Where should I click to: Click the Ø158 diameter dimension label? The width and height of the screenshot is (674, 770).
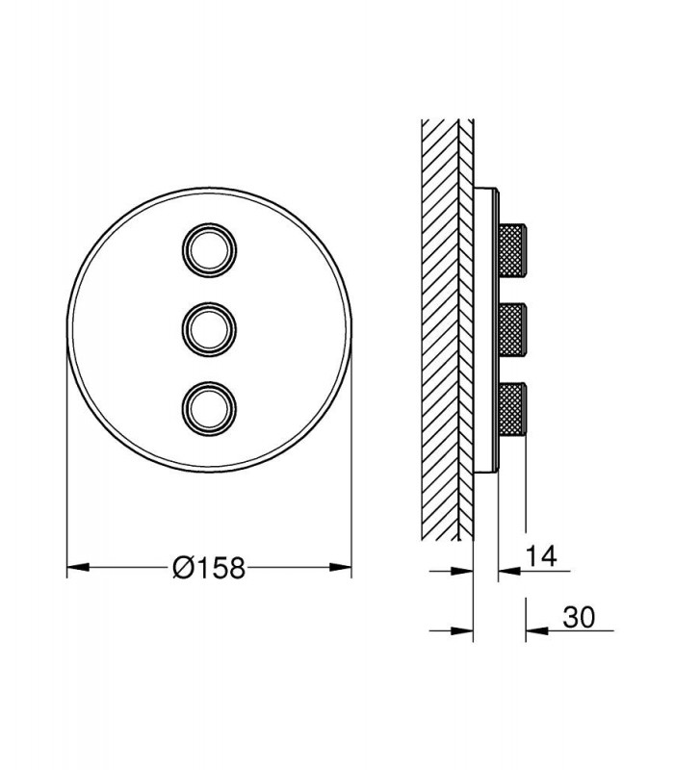(x=209, y=568)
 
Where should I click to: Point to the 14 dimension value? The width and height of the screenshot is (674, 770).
(x=541, y=556)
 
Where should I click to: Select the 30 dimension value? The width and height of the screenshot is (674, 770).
(x=579, y=617)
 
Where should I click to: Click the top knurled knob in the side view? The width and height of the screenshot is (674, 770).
(x=513, y=250)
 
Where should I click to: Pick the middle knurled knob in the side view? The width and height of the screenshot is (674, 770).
(x=513, y=329)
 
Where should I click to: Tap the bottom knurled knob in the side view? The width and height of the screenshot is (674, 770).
(x=513, y=408)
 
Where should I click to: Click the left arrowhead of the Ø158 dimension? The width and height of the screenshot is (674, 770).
(x=78, y=567)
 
